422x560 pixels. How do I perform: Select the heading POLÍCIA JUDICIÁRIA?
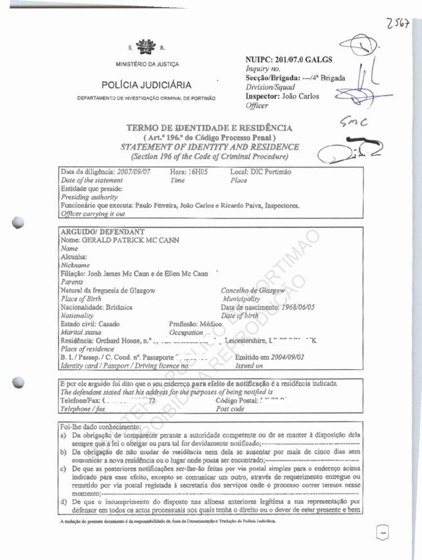pyautogui.click(x=146, y=85)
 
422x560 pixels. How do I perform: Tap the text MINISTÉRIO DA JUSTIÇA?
pyautogui.click(x=147, y=64)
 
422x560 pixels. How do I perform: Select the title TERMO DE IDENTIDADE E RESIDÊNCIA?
pyautogui.click(x=210, y=129)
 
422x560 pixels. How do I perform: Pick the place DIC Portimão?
pyautogui.click(x=272, y=172)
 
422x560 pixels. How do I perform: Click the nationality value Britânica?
pyautogui.click(x=118, y=307)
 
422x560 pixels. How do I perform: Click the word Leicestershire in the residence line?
pyautogui.click(x=245, y=341)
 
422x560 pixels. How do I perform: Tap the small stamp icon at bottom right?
pyautogui.click(x=382, y=531)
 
